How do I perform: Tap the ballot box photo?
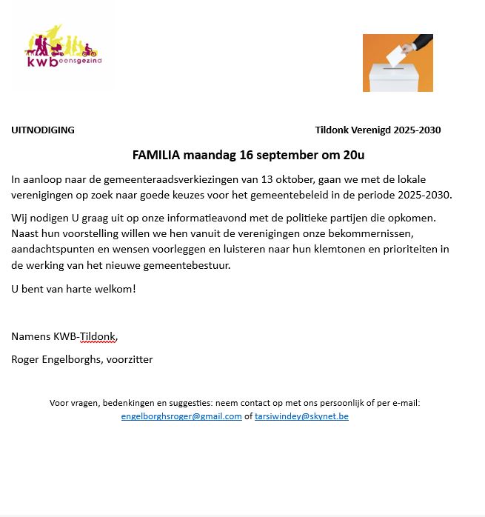coord(398,63)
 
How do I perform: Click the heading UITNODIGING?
coord(43,130)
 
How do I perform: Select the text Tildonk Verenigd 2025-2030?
coord(378,130)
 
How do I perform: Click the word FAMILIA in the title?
coord(156,156)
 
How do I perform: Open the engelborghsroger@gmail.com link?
coord(181,416)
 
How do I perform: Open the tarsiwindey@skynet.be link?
coord(301,416)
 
